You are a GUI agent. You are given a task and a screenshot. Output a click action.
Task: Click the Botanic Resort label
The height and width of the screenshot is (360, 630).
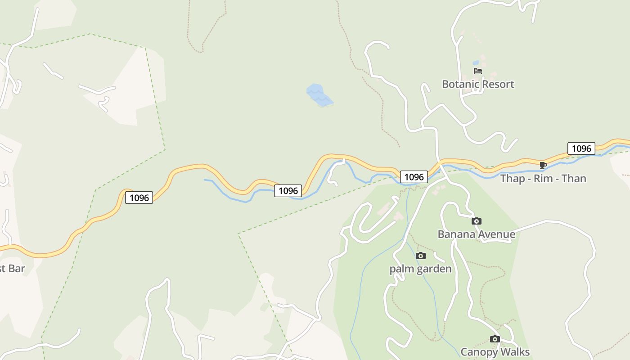click(x=477, y=84)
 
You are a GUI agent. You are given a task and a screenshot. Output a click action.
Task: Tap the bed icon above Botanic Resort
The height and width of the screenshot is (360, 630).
click(x=477, y=71)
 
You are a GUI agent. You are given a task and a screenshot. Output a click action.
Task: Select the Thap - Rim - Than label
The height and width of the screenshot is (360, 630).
click(x=543, y=179)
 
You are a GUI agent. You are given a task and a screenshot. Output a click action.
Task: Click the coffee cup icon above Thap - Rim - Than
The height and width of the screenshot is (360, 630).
click(x=543, y=165)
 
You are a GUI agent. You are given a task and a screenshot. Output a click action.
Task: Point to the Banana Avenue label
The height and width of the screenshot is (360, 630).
click(x=476, y=234)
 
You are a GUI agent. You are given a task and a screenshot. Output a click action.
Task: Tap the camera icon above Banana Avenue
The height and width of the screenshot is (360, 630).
click(x=476, y=221)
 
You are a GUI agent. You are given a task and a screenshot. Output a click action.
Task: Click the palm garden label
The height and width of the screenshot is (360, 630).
click(x=420, y=269)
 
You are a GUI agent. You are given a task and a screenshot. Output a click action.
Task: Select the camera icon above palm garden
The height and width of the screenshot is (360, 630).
click(x=420, y=256)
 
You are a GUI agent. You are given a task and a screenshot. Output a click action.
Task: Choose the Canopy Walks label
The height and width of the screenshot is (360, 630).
click(x=495, y=352)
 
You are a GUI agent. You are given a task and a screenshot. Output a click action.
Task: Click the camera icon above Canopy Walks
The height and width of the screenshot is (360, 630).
click(x=495, y=339)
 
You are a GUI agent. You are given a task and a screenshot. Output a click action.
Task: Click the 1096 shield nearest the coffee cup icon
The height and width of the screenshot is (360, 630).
click(x=581, y=148)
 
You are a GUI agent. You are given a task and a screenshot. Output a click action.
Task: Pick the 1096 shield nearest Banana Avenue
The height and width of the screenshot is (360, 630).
click(x=414, y=177)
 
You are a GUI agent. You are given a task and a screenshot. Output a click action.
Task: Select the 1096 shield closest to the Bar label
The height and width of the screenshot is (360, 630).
click(x=139, y=198)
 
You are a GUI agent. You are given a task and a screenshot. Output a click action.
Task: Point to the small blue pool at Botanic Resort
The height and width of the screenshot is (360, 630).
click(x=476, y=63)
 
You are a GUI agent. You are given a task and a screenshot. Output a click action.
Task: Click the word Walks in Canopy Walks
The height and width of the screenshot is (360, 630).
click(x=515, y=352)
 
